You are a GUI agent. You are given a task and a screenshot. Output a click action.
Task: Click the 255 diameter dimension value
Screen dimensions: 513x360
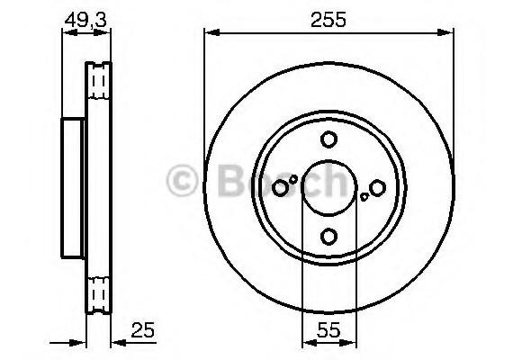328,20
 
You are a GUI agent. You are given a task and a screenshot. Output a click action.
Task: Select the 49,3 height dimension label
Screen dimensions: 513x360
85,20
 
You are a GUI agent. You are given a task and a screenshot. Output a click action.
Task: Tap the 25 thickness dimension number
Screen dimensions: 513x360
142,330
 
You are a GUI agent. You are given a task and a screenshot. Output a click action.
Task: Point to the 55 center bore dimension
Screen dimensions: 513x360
328,330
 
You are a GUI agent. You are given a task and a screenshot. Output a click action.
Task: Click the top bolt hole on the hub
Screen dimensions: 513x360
328,139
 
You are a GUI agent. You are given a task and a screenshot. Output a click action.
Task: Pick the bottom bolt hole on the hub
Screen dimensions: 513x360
328,237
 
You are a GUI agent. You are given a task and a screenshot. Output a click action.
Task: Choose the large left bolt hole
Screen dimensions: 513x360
280,188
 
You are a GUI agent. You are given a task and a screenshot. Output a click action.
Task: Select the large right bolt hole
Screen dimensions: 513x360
377,188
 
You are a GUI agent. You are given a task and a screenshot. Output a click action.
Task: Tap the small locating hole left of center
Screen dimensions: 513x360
293,179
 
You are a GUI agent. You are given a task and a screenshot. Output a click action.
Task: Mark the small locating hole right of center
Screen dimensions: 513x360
364,197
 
